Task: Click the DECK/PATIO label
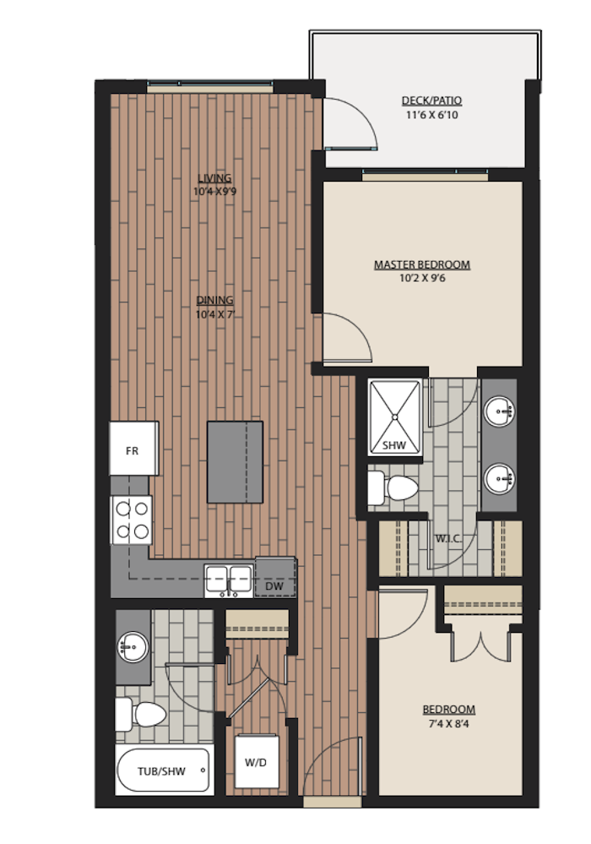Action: [x=431, y=101]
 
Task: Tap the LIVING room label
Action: [x=214, y=178]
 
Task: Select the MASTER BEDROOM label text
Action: [x=422, y=264]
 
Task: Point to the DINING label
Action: [x=214, y=301]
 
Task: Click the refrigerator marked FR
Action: [x=134, y=449]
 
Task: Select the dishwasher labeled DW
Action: [x=275, y=577]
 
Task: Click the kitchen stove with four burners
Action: [x=132, y=520]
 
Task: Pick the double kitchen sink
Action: [x=229, y=580]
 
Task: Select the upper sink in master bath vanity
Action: [x=500, y=411]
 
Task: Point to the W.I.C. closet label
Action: [x=448, y=538]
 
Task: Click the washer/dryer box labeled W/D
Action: [x=257, y=761]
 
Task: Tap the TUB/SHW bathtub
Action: [x=163, y=770]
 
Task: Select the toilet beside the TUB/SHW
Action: [x=141, y=714]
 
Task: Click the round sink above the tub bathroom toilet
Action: [x=133, y=646]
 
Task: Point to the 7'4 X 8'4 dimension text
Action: [x=448, y=724]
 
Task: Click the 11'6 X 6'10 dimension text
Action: [x=431, y=115]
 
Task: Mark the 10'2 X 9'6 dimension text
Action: [x=422, y=278]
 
